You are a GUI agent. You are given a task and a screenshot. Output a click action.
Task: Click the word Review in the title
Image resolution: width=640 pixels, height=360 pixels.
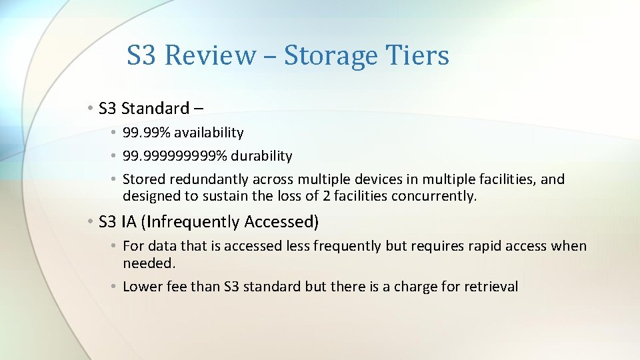click(210, 55)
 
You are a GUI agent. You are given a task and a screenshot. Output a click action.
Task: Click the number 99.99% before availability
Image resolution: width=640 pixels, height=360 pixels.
click(146, 133)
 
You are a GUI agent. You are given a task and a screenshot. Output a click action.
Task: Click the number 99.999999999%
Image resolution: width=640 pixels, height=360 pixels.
click(175, 156)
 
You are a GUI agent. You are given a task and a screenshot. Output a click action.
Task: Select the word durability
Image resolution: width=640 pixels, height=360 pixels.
click(262, 156)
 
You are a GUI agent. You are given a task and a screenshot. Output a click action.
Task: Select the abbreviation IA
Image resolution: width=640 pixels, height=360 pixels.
click(128, 221)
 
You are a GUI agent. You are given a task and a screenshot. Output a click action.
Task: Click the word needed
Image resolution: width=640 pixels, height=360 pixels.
click(149, 263)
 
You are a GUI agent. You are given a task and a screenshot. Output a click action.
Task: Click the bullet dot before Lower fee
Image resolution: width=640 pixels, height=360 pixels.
click(115, 287)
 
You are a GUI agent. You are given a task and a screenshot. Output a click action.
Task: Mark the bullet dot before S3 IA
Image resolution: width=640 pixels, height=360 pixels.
click(89, 221)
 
